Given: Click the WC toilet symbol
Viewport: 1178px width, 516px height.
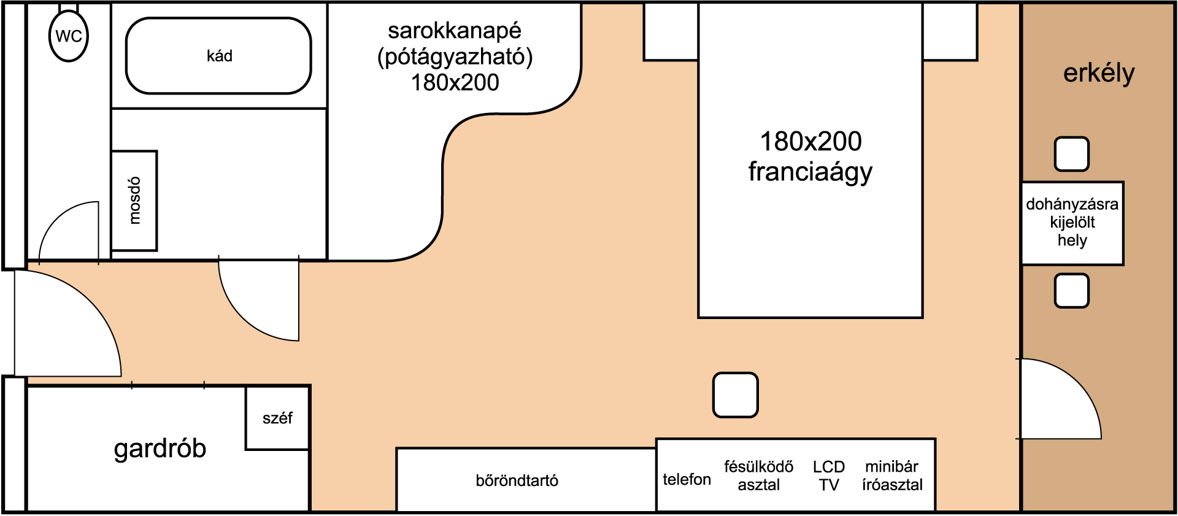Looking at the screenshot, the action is pyautogui.click(x=69, y=36).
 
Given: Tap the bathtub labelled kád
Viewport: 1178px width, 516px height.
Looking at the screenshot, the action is pyautogui.click(x=218, y=56).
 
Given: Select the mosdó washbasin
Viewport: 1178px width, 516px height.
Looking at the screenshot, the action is pyautogui.click(x=134, y=201).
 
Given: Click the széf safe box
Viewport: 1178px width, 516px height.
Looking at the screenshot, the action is pyautogui.click(x=277, y=418).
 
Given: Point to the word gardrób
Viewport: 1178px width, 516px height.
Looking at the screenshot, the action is pyautogui.click(x=160, y=449).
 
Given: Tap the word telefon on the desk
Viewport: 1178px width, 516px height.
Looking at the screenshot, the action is pyautogui.click(x=687, y=479).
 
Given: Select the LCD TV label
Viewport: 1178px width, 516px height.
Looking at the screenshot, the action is pyautogui.click(x=829, y=476).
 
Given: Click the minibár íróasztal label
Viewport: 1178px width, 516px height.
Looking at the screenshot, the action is pyautogui.click(x=892, y=476).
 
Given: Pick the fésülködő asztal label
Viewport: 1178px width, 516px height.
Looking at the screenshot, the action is pyautogui.click(x=759, y=476).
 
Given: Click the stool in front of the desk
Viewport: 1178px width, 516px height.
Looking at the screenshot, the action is pyautogui.click(x=736, y=395).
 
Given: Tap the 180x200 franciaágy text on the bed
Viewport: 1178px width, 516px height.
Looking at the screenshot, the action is pyautogui.click(x=810, y=156).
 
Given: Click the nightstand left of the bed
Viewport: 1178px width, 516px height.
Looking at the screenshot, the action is pyautogui.click(x=671, y=32).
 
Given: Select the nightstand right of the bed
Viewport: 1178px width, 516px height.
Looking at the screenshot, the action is pyautogui.click(x=950, y=32).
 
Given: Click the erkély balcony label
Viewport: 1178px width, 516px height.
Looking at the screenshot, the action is pyautogui.click(x=1099, y=74).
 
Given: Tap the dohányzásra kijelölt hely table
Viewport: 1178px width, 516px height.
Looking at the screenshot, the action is pyautogui.click(x=1072, y=223).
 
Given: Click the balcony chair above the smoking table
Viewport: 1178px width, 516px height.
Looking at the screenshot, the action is pyautogui.click(x=1072, y=154).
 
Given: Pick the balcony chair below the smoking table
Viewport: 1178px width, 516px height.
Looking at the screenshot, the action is pyautogui.click(x=1072, y=291).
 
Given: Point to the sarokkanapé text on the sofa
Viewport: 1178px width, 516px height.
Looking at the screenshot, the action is pyautogui.click(x=455, y=31).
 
